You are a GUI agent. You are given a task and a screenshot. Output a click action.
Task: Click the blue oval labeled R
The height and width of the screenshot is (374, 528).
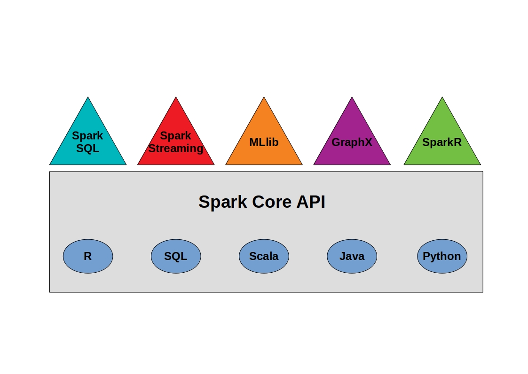point(88,256)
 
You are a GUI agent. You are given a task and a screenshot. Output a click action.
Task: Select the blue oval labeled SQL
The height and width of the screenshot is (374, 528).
point(176,256)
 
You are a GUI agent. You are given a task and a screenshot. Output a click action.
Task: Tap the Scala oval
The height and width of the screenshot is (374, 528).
point(264,256)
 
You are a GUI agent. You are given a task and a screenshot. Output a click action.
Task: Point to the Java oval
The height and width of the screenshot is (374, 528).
point(352,256)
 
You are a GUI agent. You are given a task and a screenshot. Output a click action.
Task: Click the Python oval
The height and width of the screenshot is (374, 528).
point(442,256)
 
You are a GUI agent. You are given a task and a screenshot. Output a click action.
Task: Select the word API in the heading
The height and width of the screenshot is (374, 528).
point(311,202)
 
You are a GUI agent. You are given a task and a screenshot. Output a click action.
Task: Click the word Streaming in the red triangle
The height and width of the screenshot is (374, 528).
point(176,148)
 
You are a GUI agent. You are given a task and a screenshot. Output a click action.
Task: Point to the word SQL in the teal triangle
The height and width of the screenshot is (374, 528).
point(88,148)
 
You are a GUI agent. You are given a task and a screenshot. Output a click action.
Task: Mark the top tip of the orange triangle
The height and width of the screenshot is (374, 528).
point(264,98)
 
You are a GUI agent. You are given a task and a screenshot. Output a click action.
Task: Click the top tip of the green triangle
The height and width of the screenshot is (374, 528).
point(442,98)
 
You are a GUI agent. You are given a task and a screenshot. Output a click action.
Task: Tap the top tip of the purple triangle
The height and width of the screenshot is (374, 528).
point(352,98)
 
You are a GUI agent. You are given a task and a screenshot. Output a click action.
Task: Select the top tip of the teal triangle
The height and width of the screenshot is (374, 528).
point(88,98)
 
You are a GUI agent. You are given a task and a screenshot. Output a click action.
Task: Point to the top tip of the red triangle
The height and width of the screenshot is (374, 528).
point(176,98)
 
